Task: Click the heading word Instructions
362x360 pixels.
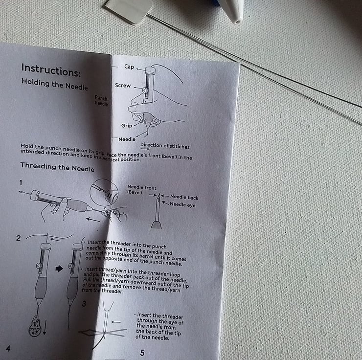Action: click(x=51, y=70)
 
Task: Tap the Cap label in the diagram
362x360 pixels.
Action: click(x=129, y=67)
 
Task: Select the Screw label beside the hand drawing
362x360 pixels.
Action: click(x=123, y=86)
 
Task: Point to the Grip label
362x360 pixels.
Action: click(x=127, y=126)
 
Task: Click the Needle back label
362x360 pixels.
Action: click(x=184, y=197)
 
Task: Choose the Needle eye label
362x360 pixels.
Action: click(x=182, y=204)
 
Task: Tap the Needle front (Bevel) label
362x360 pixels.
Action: click(x=142, y=190)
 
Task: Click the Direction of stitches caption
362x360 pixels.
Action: click(x=165, y=146)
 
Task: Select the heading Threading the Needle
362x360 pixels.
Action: click(x=57, y=167)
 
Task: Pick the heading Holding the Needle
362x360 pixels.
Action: click(x=55, y=84)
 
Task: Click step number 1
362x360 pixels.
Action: click(x=21, y=183)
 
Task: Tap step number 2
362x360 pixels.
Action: click(x=19, y=238)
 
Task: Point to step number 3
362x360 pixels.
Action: click(x=84, y=304)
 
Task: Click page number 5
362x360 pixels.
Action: click(x=142, y=353)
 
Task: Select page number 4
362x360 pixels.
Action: click(x=8, y=348)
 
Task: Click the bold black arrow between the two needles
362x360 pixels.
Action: click(x=59, y=269)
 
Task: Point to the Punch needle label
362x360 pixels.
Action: click(x=101, y=101)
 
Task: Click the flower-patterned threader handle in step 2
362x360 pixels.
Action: click(x=35, y=325)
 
